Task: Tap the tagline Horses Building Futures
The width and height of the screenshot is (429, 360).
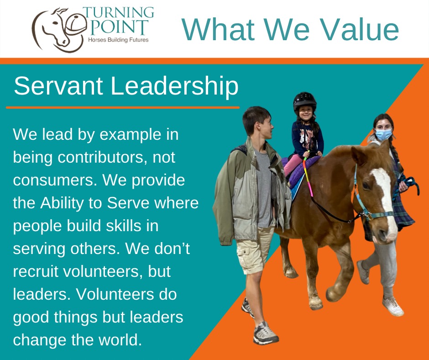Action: (118, 40)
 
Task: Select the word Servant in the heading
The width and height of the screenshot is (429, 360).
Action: (58, 86)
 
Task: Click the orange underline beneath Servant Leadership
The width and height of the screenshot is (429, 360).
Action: (123, 108)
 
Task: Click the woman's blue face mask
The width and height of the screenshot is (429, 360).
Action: (383, 134)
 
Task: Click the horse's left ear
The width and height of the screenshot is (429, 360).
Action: (358, 155)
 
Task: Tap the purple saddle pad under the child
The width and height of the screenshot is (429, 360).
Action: (299, 171)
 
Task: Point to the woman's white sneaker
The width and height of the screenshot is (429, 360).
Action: (393, 306)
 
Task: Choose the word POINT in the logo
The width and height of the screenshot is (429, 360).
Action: (119, 27)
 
